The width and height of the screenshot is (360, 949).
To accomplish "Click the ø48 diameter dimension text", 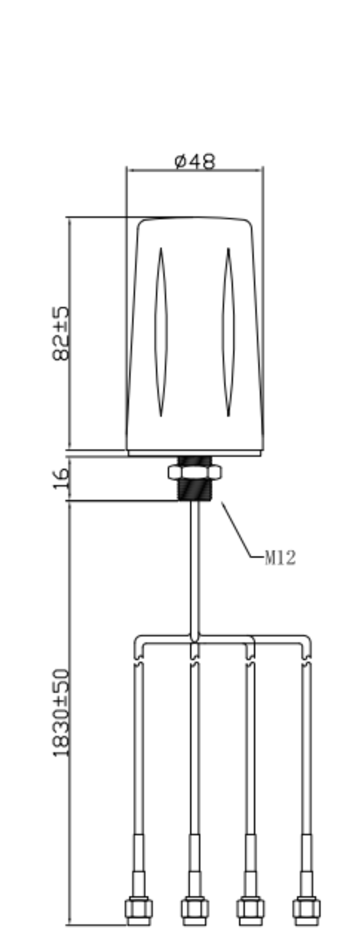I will click(195, 162).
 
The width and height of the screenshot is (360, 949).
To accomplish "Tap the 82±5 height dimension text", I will click(60, 333).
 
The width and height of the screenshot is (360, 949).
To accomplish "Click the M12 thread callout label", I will click(280, 558).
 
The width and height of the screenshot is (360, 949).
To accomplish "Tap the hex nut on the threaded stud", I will click(195, 472).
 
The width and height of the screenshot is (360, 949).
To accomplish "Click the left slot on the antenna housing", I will click(161, 332).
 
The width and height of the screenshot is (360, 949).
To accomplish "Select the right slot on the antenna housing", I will click(228, 332).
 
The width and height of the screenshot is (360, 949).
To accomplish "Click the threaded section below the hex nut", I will click(195, 490).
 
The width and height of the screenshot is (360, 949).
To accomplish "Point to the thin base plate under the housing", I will click(195, 453).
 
